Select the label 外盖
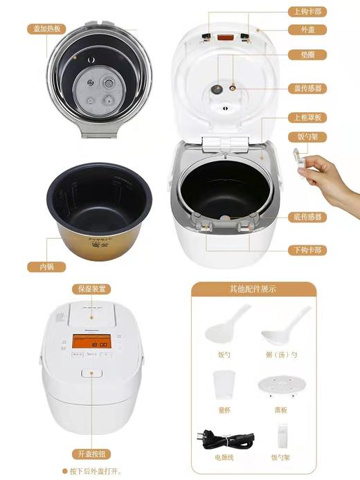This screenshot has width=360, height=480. pos(307,30)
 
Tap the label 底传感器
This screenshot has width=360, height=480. pos(307,217)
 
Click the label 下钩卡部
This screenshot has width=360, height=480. pos(307,249)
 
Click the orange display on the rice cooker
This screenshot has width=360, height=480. pos(90,343)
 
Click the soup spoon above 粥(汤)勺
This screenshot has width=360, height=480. pos(284,329)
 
